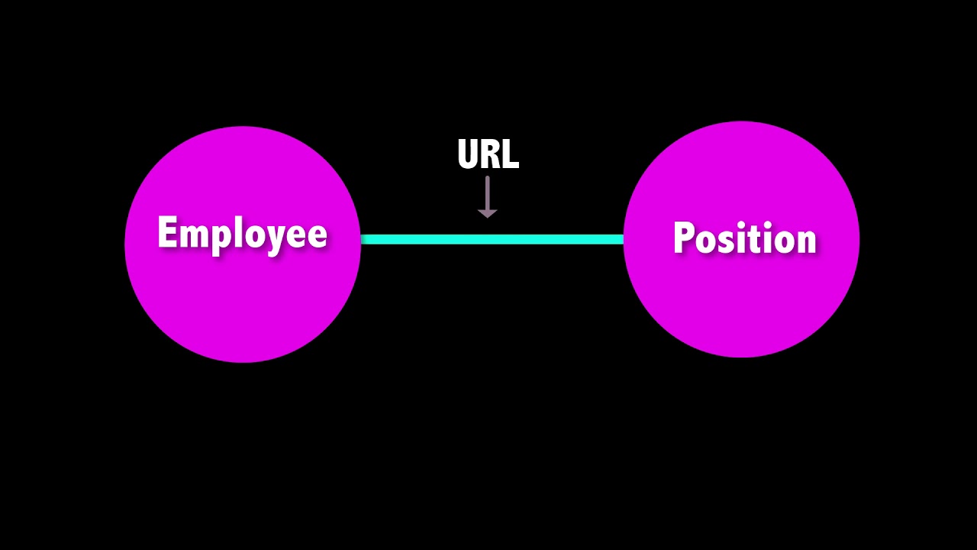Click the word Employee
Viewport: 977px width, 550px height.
coord(243,234)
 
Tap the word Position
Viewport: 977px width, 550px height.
coord(745,237)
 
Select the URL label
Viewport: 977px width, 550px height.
coord(488,154)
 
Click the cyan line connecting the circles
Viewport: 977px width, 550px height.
coord(492,239)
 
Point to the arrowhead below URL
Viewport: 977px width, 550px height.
coord(487,213)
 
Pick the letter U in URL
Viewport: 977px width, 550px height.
coord(468,154)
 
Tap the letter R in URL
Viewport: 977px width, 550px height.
coord(491,154)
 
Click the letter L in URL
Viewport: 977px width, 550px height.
coord(511,154)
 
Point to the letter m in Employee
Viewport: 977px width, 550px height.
coord(192,235)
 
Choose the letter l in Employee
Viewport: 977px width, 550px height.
coord(239,231)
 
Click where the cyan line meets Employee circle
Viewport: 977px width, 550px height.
coord(361,239)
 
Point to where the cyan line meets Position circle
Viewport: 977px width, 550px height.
coord(624,239)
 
